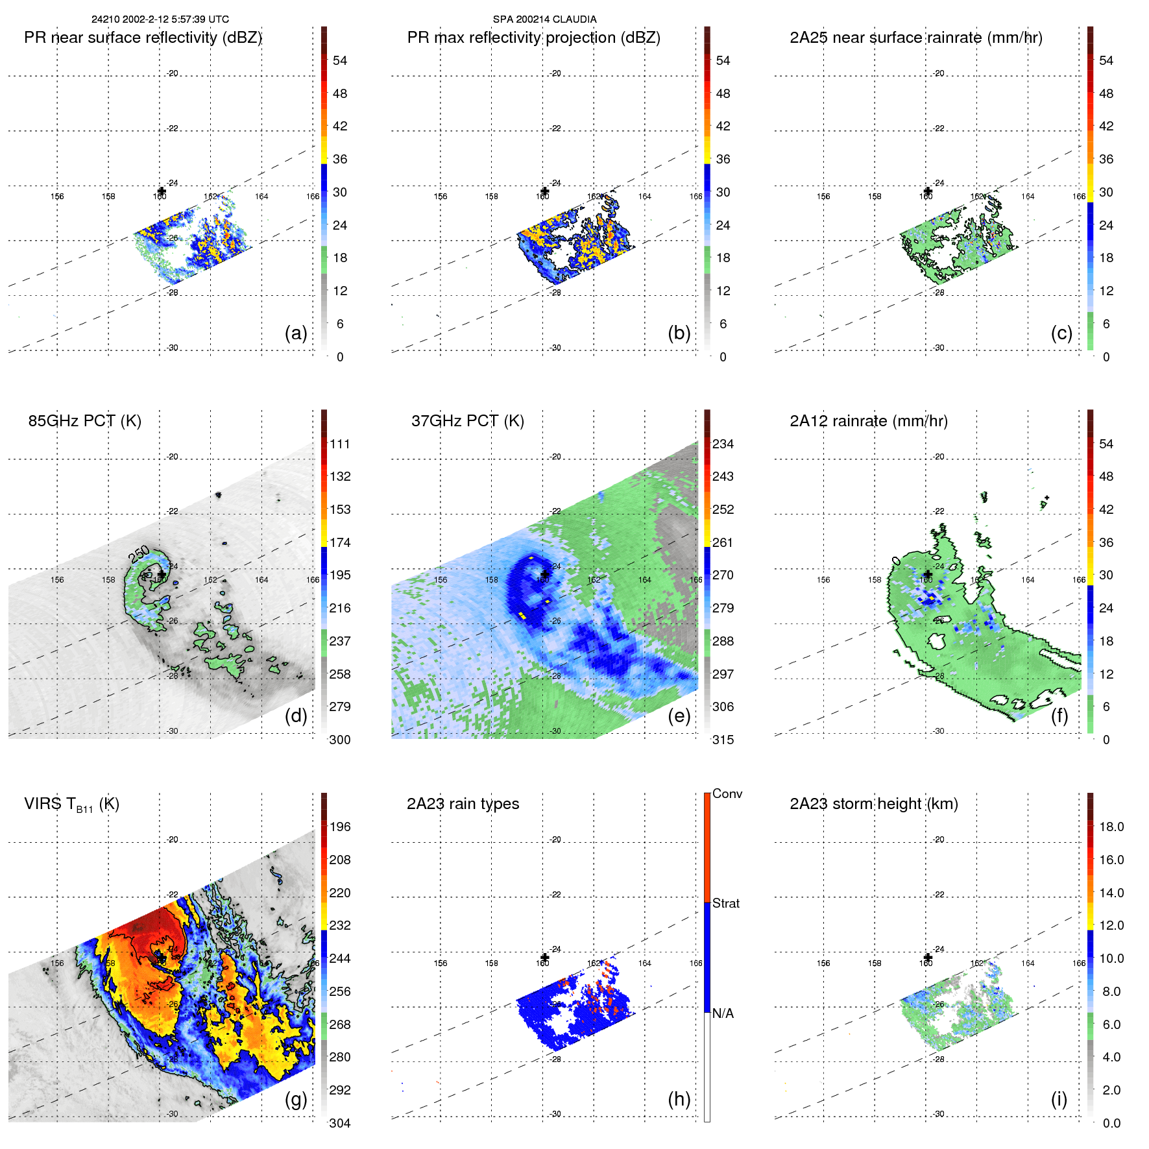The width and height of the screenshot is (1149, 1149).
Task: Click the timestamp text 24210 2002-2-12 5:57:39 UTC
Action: point(160,19)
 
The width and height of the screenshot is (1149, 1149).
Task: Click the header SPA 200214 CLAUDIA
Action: point(544,19)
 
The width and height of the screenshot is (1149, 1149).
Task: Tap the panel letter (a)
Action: point(296,333)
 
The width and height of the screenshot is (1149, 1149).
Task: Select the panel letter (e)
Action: point(679,716)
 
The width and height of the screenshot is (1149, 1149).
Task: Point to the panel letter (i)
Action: point(1059,1099)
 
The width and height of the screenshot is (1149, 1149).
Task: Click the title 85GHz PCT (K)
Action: point(84,421)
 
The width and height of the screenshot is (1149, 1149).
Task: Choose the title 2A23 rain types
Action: point(463,804)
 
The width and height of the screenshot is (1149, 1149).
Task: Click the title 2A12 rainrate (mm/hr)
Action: point(868,421)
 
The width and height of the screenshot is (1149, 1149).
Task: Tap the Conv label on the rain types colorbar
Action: point(727,793)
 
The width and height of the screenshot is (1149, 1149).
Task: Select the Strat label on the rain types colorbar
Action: point(725,903)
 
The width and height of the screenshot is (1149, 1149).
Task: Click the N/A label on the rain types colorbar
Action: point(723,1013)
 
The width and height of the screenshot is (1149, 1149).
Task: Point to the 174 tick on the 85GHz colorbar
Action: point(340,542)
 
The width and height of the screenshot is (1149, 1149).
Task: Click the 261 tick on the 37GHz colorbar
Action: point(723,542)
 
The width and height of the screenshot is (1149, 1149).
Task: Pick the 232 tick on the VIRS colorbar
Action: point(340,925)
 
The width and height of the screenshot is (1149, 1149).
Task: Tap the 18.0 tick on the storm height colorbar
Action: point(1111,827)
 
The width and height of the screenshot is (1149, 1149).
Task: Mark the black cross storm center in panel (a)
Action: point(162,191)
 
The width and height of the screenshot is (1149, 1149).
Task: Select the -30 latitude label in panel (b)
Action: point(555,348)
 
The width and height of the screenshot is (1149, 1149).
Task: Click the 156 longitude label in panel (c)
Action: point(823,197)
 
